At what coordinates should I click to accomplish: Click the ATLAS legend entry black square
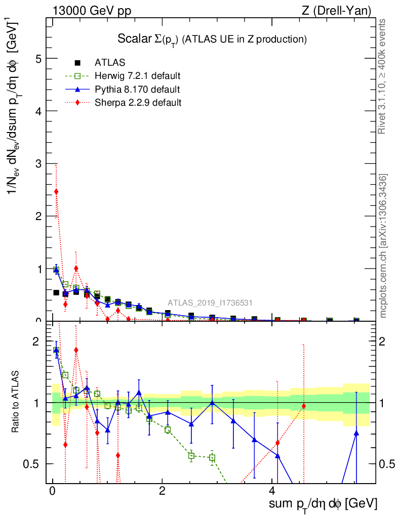pos(77,63)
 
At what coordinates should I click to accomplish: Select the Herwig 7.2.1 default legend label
pos(137,76)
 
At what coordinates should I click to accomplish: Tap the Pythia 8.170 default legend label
pos(137,90)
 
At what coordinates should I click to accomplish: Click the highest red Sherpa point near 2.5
pos(56,191)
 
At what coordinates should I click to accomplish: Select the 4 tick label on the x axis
pos(272,491)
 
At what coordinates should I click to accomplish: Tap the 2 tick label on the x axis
pos(162,491)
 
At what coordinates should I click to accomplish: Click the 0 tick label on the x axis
pos(52,491)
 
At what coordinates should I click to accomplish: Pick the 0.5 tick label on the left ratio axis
pos(32,464)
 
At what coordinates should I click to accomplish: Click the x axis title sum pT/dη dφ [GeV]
pos(323,504)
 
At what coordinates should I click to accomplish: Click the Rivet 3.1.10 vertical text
pos(383,76)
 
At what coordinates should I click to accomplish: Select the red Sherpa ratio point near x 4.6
pos(304,406)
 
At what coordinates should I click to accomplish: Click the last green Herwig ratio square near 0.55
pos(212,458)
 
